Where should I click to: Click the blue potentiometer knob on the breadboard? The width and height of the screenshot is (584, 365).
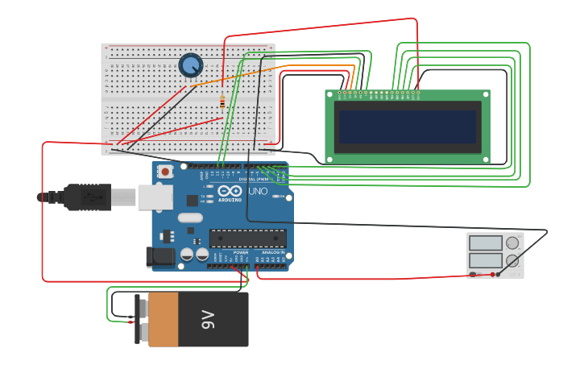191,65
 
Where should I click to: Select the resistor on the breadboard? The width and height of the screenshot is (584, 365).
222,102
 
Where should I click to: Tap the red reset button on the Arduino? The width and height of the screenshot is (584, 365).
166,171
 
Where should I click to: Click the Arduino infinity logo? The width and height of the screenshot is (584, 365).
230,193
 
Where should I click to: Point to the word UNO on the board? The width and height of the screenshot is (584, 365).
258,193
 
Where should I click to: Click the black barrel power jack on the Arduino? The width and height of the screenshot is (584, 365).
159,257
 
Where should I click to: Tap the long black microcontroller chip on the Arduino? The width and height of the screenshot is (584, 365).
247,238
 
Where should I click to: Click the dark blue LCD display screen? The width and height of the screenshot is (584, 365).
407,127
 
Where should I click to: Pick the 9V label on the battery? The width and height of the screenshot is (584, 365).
208,319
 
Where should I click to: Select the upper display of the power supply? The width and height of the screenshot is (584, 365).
485,243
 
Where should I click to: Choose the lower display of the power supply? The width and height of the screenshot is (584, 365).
485,261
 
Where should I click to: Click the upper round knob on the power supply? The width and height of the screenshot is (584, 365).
513,243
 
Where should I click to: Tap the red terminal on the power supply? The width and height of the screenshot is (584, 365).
493,275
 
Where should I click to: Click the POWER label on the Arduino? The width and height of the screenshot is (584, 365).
241,252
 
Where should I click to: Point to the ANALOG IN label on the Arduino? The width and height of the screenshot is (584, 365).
272,252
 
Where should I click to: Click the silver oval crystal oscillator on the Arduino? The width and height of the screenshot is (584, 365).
189,218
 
